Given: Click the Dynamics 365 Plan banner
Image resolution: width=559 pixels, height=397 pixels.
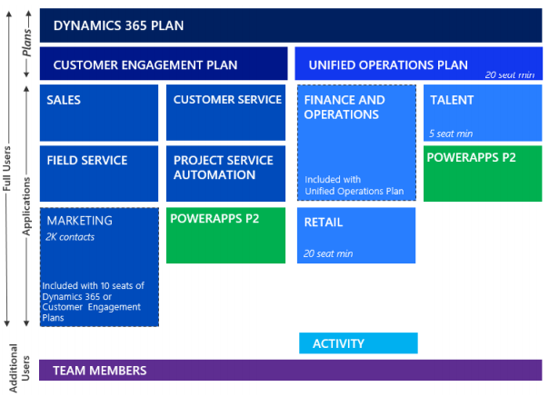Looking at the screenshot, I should point(290,25).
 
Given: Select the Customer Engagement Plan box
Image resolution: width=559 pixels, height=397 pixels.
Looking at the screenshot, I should point(164,65).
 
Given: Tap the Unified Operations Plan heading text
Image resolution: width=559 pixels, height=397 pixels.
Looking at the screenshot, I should point(388,65).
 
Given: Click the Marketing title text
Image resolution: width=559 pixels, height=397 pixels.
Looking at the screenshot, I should point(80,221).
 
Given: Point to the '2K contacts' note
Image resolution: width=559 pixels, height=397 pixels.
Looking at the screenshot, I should point(71,237).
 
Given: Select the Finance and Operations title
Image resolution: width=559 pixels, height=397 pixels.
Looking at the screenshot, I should point(344,107).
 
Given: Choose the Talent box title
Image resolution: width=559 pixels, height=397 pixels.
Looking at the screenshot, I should point(452,100).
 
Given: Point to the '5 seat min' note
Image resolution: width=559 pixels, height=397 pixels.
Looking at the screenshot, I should point(453,134).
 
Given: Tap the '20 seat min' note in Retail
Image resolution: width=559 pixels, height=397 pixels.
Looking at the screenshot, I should point(329,253).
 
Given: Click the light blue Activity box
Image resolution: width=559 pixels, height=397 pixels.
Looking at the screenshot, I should point(358,343).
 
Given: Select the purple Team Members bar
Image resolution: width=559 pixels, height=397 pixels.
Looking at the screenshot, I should point(290,371).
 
